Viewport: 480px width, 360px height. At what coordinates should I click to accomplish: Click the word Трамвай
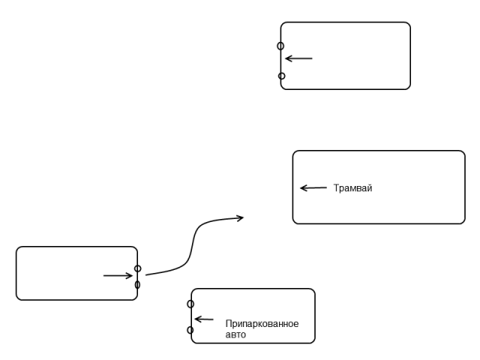coord(352,188)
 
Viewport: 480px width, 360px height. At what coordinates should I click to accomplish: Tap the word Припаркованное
coord(262,324)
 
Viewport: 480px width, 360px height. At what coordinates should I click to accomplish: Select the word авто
coord(235,335)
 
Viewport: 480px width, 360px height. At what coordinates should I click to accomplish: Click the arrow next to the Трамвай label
coord(313,188)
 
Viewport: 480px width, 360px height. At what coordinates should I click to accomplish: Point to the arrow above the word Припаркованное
coord(204,319)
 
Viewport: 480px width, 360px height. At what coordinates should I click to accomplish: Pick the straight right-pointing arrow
coord(118,275)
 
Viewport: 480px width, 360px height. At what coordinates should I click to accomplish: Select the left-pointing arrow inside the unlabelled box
coord(298,58)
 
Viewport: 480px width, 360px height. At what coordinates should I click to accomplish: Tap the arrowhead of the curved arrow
coord(241,217)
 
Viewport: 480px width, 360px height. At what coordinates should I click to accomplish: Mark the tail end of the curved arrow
coord(147,274)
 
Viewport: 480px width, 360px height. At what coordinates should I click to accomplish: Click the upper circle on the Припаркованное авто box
coord(190,304)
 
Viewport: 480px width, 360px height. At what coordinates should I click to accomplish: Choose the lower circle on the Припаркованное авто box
coord(190,330)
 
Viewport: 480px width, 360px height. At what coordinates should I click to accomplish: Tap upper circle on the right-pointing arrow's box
coord(138,268)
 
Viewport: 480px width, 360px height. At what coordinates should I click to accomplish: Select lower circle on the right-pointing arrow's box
coord(138,285)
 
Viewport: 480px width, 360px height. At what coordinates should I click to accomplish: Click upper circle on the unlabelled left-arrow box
coord(280,46)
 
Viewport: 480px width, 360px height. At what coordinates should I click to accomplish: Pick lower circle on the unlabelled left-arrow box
coord(281,76)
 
